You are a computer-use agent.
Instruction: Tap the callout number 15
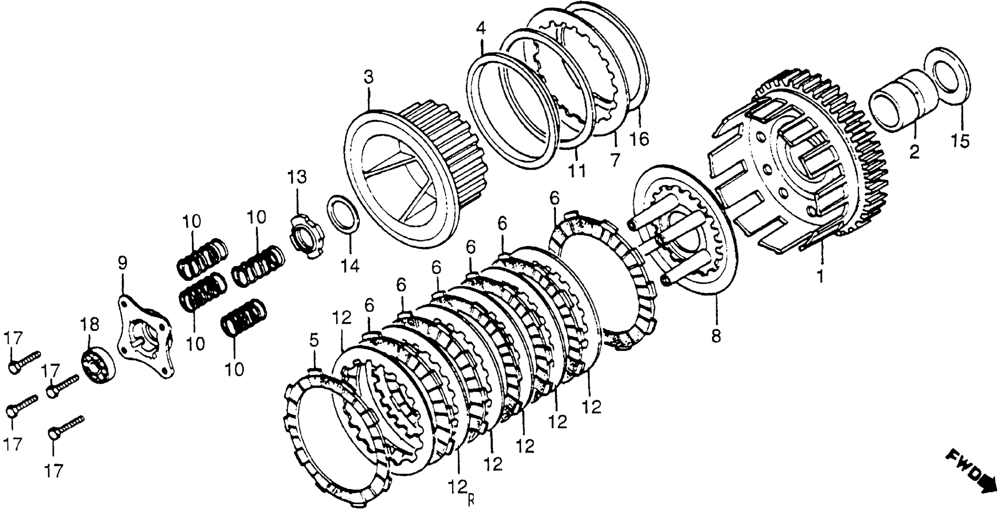coord(960,140)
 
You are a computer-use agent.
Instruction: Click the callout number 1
coord(820,276)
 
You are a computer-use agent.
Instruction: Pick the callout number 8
coord(716,335)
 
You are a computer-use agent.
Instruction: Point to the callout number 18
coord(90,323)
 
